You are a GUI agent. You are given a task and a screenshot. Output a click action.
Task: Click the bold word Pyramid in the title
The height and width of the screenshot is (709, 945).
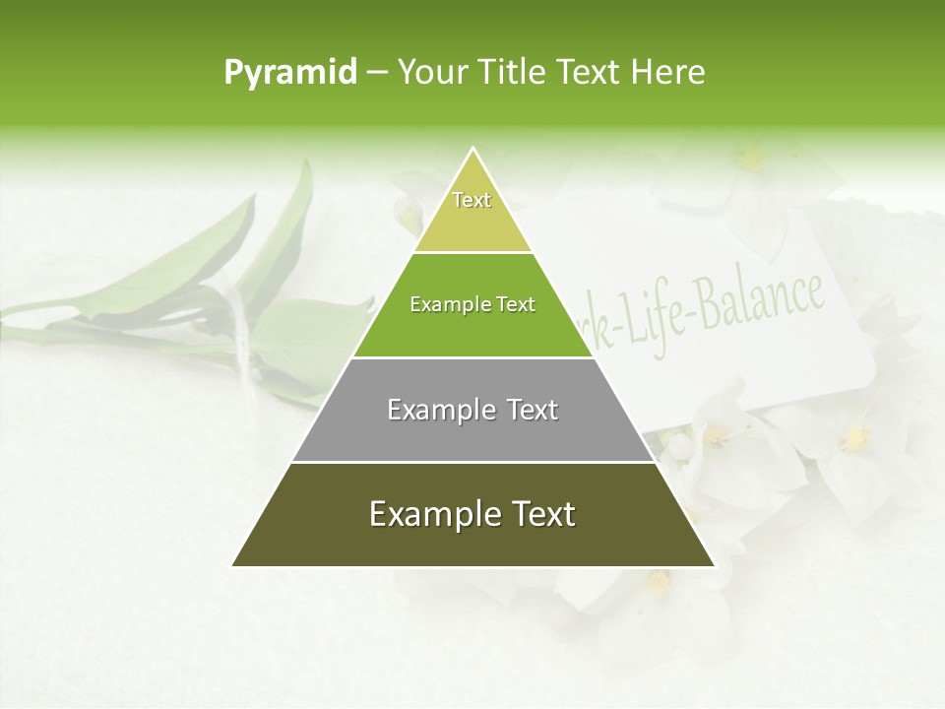point(289,72)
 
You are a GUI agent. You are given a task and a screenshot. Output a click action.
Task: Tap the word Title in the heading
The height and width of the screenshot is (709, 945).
point(513,72)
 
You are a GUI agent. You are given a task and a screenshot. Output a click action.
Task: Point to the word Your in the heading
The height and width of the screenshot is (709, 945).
point(433,72)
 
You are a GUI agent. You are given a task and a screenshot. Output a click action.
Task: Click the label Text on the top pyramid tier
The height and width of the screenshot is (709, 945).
point(472,200)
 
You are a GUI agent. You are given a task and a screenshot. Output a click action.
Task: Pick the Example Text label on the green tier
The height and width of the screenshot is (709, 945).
point(472,304)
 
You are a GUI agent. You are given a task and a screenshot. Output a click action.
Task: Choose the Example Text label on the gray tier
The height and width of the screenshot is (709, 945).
point(472,410)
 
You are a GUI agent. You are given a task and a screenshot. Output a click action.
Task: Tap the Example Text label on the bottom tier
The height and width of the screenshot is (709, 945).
point(472,514)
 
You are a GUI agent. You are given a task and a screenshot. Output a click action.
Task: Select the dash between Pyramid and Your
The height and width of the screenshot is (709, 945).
point(377,72)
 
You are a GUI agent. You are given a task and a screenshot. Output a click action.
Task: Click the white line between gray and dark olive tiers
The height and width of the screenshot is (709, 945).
point(472,462)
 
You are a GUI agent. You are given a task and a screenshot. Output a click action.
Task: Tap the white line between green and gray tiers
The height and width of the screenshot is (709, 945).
point(472,357)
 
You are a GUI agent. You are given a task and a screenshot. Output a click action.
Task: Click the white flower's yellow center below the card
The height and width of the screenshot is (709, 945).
point(854,440)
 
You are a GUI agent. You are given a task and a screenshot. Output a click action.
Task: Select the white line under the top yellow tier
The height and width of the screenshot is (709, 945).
point(472,252)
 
